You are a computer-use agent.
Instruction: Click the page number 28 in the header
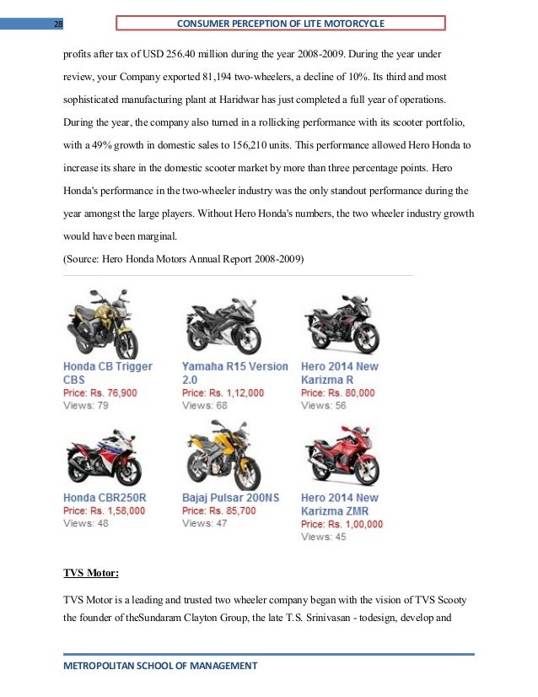58,24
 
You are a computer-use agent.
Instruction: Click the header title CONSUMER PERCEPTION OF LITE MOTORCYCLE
288,23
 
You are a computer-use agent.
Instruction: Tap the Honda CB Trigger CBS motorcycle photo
100,325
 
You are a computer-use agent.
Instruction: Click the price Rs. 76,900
100,393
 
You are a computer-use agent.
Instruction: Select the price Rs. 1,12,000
223,393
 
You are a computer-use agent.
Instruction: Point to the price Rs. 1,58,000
105,511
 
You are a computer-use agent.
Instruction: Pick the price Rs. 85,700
219,511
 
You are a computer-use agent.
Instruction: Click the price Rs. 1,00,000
342,524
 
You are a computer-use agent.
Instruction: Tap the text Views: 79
86,406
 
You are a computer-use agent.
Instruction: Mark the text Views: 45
324,537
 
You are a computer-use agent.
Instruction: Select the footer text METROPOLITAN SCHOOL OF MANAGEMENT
160,667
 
